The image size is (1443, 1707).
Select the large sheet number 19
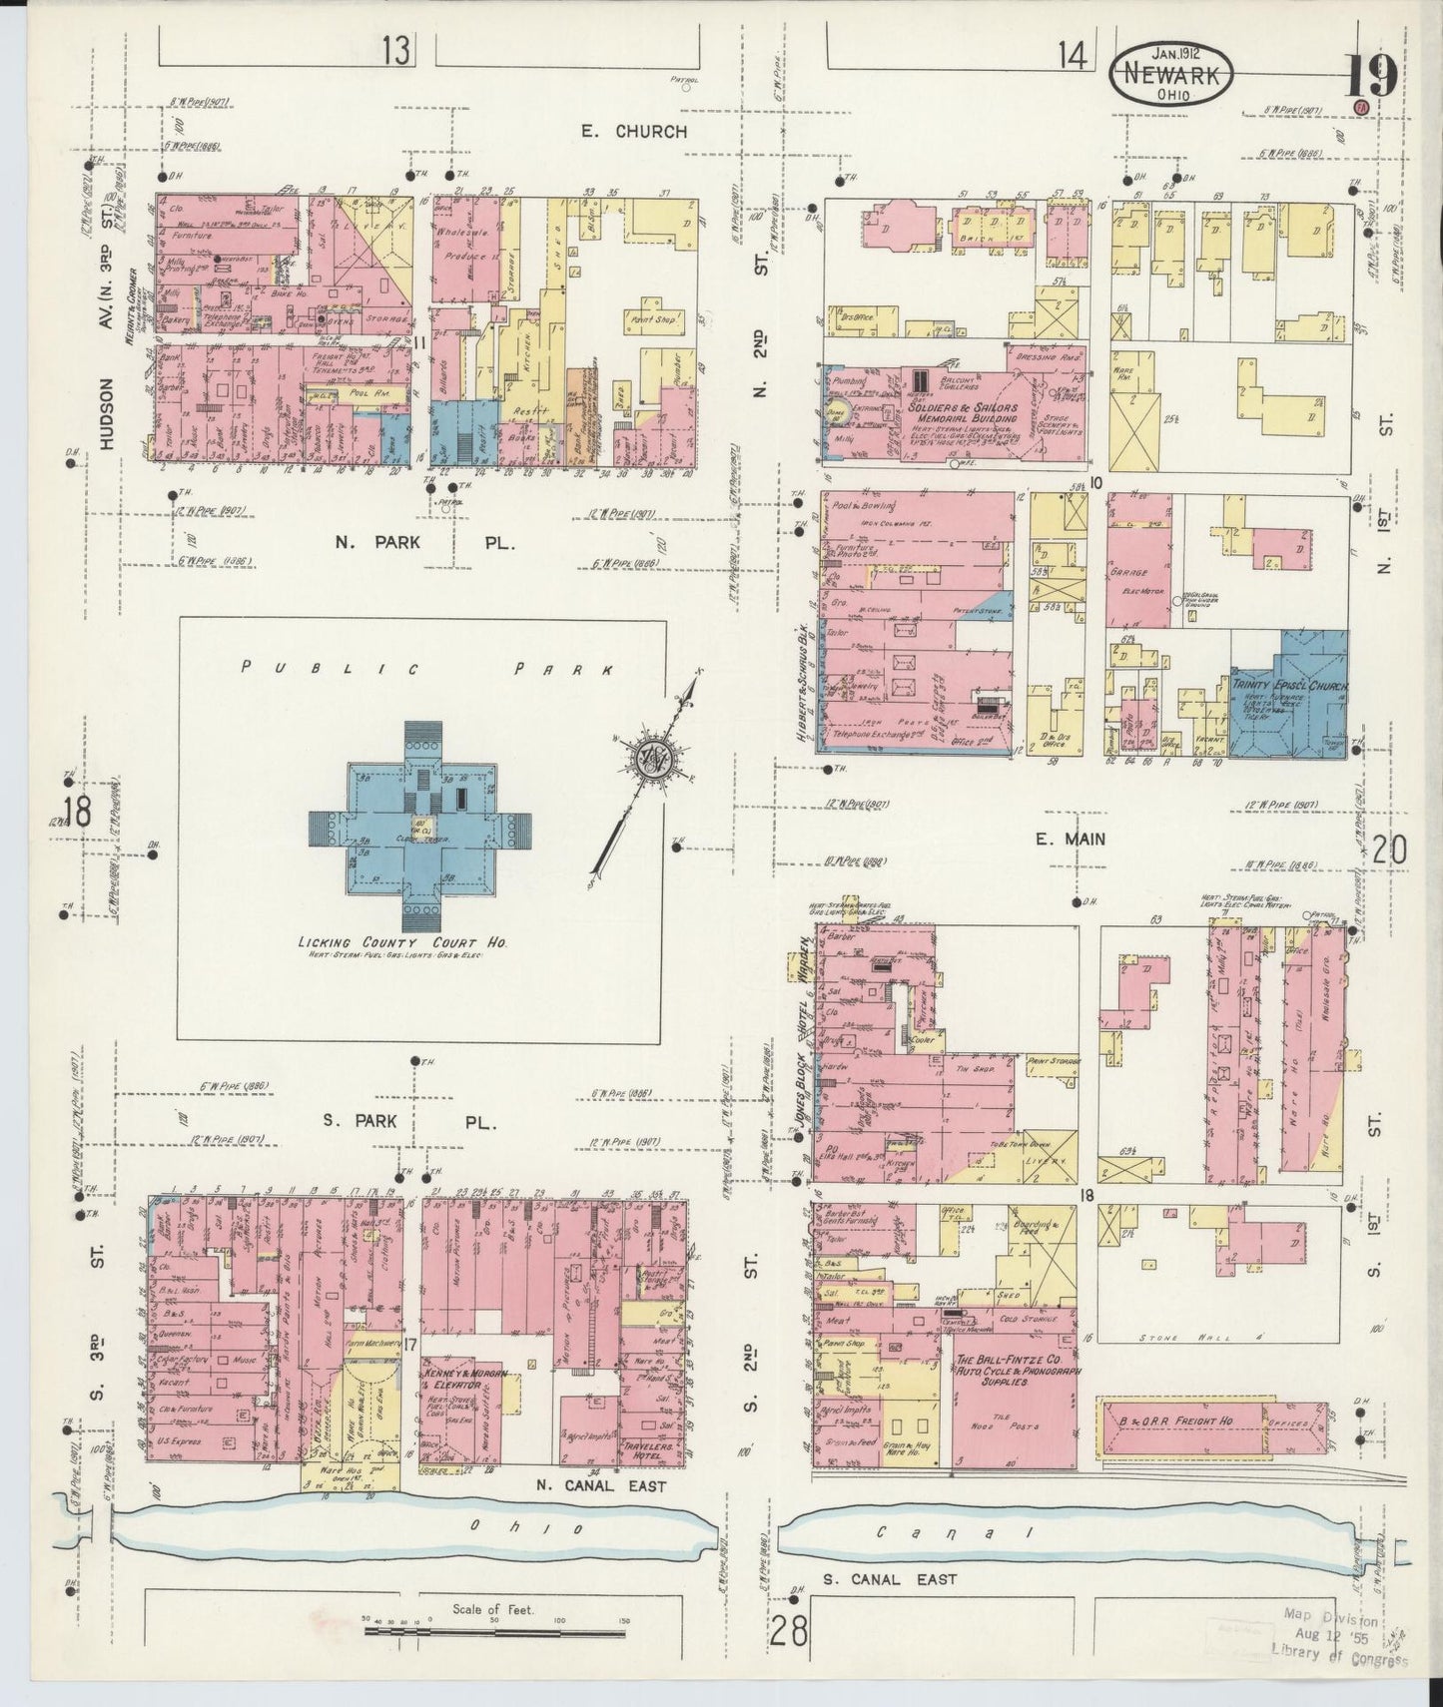point(1369,78)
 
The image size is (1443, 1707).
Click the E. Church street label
point(636,132)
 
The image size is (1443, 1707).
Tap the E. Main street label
point(1069,840)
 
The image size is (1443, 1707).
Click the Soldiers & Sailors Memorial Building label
point(964,413)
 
